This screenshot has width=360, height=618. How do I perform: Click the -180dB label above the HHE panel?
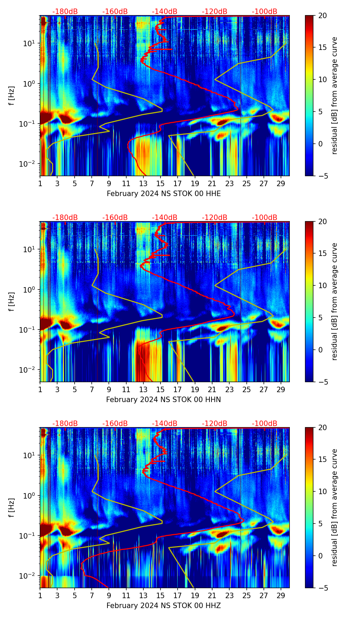pos(65,12)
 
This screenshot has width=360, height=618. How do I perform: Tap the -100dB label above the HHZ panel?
pos(265,424)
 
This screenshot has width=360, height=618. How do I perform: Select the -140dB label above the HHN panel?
pos(165,218)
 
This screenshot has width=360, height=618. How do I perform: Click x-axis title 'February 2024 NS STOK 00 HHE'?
pos(164,194)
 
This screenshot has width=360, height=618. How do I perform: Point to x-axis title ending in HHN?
pos(164,400)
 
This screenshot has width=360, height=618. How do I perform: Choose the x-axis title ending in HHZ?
pos(164,606)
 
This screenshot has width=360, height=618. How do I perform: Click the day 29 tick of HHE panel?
pos(281,183)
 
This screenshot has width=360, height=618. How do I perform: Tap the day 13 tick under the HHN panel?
pos(143,389)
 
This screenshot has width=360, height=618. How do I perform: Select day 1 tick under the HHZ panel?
pos(40,595)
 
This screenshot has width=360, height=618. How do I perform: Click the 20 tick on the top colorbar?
pos(322,16)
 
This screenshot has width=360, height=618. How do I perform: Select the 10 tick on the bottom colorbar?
pos(322,492)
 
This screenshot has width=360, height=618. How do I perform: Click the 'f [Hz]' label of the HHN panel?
pos(12,301)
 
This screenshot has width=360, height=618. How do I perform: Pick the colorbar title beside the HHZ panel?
pos(334,507)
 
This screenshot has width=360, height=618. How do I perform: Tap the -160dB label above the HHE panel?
pos(115,12)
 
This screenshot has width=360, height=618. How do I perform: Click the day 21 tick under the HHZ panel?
pos(212,595)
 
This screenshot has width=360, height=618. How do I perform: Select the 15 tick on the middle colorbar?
pos(322,254)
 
